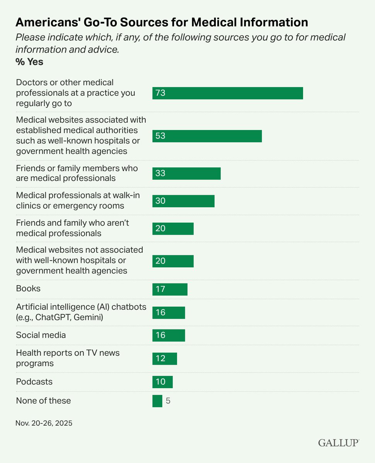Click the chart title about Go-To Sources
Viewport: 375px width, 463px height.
pyautogui.click(x=162, y=23)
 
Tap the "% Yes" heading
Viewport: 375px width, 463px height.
pyautogui.click(x=29, y=62)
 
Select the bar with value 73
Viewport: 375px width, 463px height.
pyautogui.click(x=227, y=93)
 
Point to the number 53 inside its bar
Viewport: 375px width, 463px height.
pyautogui.click(x=160, y=136)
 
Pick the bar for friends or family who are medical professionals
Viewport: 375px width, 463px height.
pyautogui.click(x=186, y=174)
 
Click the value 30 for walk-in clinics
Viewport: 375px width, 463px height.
pyautogui.click(x=160, y=201)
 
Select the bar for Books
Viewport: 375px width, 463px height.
pyautogui.click(x=170, y=289)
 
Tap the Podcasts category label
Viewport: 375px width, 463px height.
pyautogui.click(x=34, y=382)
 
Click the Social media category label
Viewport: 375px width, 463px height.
pyautogui.click(x=41, y=335)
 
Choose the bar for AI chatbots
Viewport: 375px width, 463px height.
pyautogui.click(x=169, y=313)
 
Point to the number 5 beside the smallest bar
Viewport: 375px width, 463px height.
pyautogui.click(x=168, y=401)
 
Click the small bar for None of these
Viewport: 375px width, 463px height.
pyautogui.click(x=157, y=401)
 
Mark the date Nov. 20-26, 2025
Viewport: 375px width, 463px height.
pyautogui.click(x=44, y=423)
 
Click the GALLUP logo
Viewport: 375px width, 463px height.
pyautogui.click(x=338, y=443)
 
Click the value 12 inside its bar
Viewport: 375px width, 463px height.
pyautogui.click(x=160, y=358)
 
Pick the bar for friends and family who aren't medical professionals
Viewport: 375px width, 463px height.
pyautogui.click(x=173, y=228)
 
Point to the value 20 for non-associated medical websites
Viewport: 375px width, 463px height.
pyautogui.click(x=160, y=261)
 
